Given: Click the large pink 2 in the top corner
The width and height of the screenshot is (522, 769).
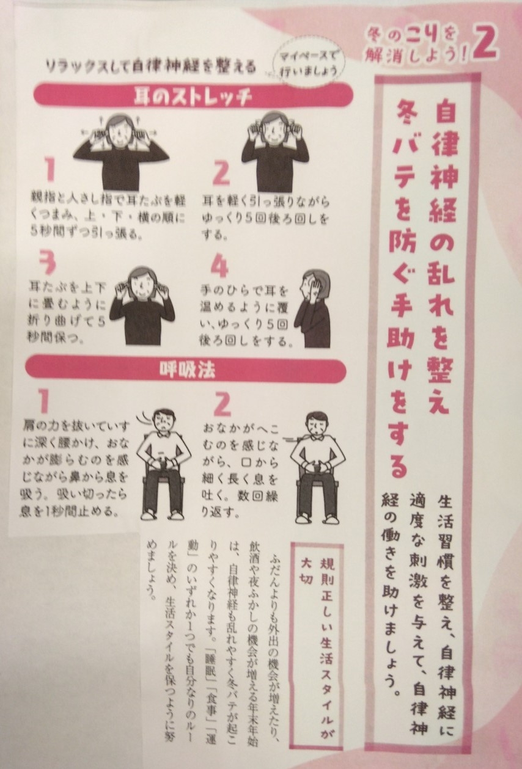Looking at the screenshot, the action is pos(485,45).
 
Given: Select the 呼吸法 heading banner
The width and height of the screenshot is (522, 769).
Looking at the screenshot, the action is pos(186,370).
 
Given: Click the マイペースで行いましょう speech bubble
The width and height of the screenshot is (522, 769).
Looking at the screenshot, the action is pos(307,65).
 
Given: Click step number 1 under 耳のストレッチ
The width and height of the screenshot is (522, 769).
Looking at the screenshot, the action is pos(51,170).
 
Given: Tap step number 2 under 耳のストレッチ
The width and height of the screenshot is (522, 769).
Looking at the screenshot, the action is pos(221,173).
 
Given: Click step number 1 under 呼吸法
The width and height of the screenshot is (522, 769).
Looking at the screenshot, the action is pos(43,401).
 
